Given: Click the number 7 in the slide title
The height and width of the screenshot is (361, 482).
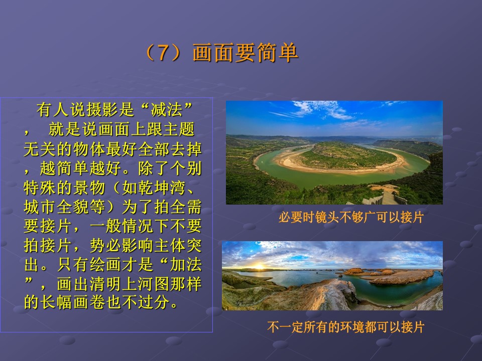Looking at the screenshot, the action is click(x=163, y=53).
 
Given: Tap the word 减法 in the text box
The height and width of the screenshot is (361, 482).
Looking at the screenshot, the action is click(x=167, y=110).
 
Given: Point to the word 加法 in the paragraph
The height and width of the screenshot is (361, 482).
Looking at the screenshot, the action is click(x=186, y=264).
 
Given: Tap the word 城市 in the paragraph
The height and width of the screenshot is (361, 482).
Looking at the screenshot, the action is click(x=40, y=207).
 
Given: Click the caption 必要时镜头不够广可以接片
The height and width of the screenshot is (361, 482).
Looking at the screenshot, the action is click(x=351, y=217).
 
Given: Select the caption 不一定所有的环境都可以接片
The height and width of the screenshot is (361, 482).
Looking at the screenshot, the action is click(x=346, y=327).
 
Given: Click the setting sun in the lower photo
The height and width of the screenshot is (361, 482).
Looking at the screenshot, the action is click(x=259, y=266).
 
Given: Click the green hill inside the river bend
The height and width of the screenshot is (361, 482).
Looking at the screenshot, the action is click(x=347, y=155).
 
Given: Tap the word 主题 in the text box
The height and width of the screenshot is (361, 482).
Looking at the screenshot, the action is click(x=179, y=129).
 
